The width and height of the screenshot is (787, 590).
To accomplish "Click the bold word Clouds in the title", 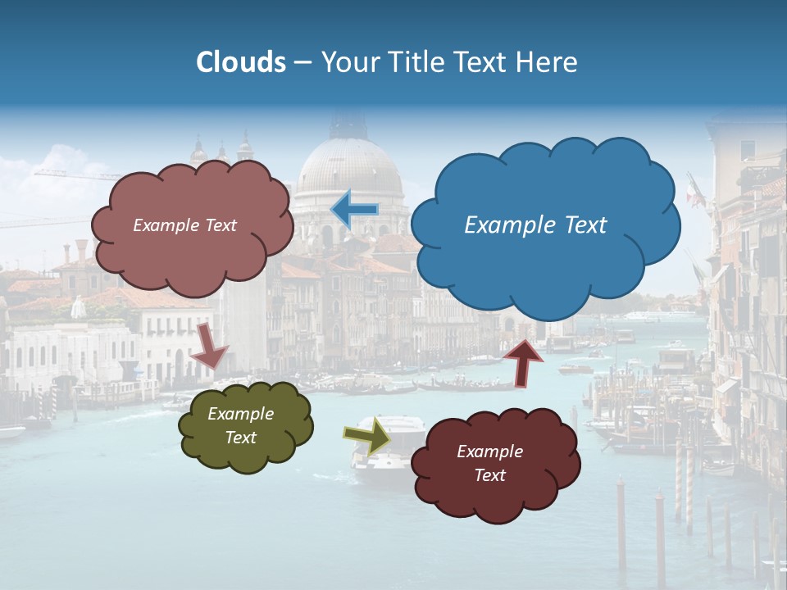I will tap(241, 62).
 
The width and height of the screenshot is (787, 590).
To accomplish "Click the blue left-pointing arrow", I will tap(355, 209).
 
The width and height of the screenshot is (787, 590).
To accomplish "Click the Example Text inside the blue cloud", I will tap(535, 225).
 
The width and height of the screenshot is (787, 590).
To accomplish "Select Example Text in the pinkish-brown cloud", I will tap(184, 225).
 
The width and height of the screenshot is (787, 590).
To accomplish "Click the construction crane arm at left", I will tap(74, 173).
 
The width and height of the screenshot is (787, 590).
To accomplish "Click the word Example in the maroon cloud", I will tap(489, 452).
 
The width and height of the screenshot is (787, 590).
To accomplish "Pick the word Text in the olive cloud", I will tap(240, 438).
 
